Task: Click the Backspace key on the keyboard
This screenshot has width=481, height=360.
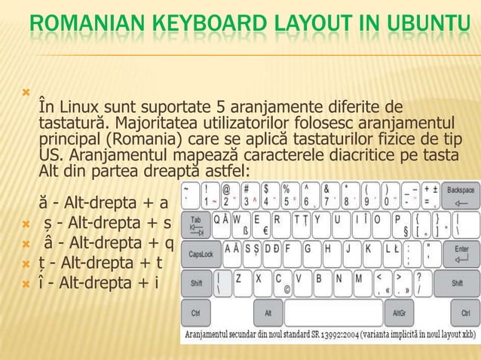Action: [x=459, y=196]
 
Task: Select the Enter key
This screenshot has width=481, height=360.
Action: [x=460, y=253]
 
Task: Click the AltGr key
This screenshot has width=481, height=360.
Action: [x=397, y=312]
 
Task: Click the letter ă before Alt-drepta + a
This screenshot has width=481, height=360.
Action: [x=44, y=203]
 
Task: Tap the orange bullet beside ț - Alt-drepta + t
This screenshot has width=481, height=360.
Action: [x=26, y=264]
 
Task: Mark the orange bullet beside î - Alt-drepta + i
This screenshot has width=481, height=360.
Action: [x=26, y=285]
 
